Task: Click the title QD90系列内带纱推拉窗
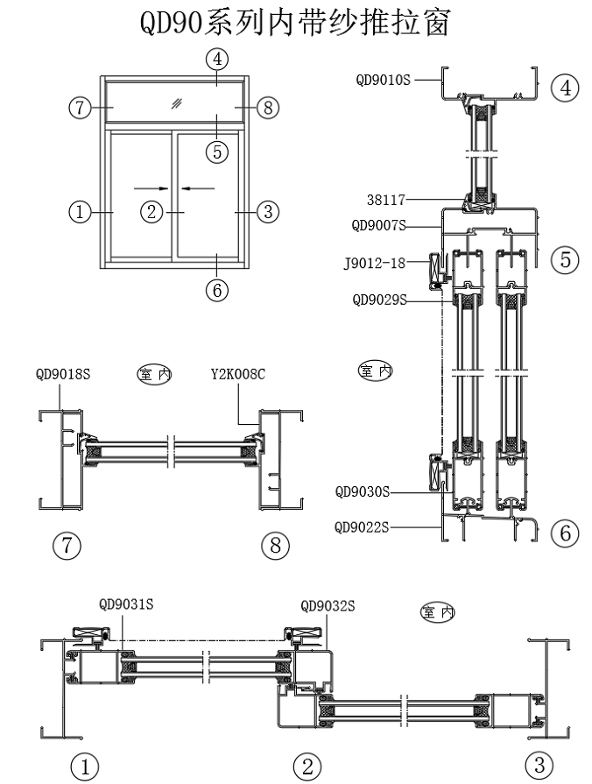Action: point(296,24)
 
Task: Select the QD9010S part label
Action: point(384,80)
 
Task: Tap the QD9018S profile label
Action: point(64,373)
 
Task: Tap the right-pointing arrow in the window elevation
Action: point(146,187)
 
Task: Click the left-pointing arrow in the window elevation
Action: point(199,187)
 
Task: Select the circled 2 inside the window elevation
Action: point(153,211)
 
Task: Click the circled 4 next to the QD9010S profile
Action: point(565,88)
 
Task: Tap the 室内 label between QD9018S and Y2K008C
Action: point(153,374)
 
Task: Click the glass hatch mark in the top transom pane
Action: point(176,103)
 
